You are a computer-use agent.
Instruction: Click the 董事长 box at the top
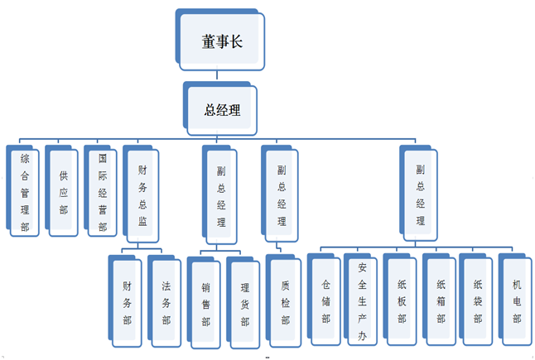(x=219, y=40)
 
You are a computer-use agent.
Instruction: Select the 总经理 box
(x=222, y=108)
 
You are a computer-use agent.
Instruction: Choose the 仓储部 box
(x=325, y=300)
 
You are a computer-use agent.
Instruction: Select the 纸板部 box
(x=402, y=300)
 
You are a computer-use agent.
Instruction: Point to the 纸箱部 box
(x=441, y=300)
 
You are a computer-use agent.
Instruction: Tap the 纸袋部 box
(x=479, y=300)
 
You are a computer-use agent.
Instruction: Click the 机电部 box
(x=517, y=300)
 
